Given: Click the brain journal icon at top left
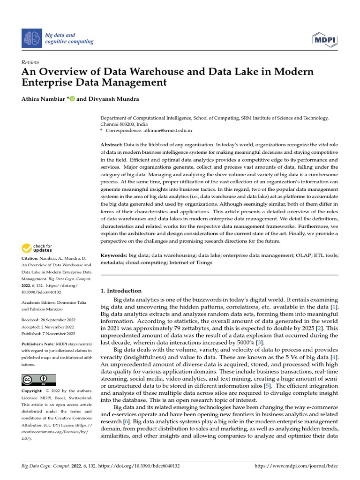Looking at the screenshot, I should coord(32,38).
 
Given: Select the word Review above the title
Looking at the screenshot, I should coord(30,62).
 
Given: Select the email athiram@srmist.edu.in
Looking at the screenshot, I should coord(166,130).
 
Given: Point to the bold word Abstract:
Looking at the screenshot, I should coord(113,144).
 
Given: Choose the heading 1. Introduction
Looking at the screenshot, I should coord(121,291).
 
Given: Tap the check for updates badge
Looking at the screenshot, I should coord(38,248).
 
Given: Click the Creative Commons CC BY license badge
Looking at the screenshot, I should coord(38,379).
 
